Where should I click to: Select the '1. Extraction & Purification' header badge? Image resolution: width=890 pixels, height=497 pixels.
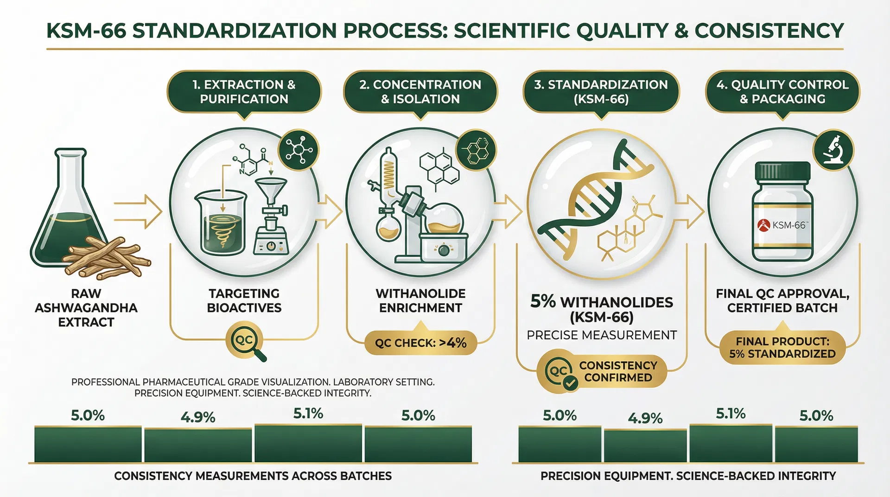[x=244, y=92]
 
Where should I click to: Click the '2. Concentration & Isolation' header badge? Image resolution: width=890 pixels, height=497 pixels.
[x=420, y=92]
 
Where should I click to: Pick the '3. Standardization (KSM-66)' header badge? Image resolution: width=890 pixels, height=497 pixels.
[x=601, y=92]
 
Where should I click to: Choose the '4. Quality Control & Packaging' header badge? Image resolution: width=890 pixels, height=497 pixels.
[x=782, y=92]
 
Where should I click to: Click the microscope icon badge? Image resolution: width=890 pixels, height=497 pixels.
[x=834, y=150]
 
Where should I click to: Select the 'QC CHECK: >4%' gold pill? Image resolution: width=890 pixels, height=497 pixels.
[x=420, y=343]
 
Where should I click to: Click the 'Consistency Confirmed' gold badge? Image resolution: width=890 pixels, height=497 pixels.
[x=602, y=372]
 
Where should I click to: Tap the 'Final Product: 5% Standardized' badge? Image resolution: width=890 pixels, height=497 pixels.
[x=782, y=347]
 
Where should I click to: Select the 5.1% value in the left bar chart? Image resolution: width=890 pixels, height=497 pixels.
[x=308, y=413]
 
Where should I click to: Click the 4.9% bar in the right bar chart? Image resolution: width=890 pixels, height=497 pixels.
[x=645, y=446]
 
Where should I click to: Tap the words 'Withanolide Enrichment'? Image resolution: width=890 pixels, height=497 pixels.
[x=420, y=300]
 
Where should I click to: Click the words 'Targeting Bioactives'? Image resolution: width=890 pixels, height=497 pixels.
[x=244, y=300]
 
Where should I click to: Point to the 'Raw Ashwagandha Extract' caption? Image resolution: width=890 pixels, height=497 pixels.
[x=86, y=308]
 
